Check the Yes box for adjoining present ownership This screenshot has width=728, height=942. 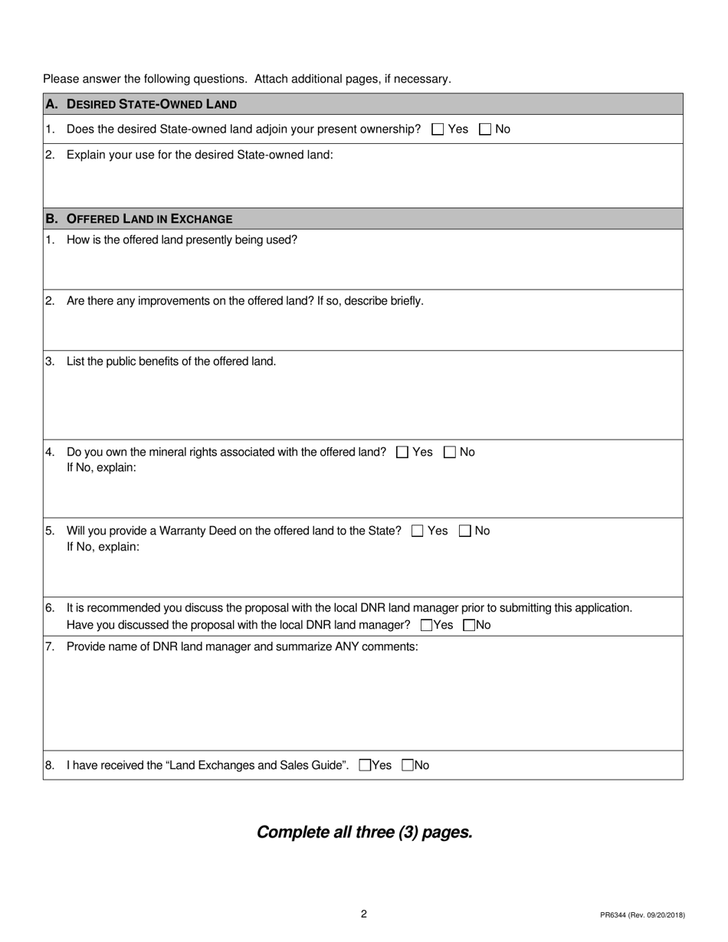point(438,129)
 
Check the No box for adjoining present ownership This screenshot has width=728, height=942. point(485,129)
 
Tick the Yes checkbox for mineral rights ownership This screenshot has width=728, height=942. point(402,453)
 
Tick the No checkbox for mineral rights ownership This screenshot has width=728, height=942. point(450,453)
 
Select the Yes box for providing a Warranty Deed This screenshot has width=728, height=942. point(418,531)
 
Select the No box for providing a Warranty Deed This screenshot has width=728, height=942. point(465,531)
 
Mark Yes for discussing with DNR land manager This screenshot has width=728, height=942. point(427,625)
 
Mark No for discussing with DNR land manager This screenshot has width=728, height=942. point(470,625)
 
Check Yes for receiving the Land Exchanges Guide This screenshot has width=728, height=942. point(365,764)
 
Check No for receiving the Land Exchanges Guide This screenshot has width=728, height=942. point(408,764)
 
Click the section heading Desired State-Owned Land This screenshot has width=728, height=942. point(152,104)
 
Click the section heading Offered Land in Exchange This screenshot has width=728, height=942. point(149,219)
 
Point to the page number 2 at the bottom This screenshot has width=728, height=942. point(364,914)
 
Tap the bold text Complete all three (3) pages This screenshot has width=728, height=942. point(364,832)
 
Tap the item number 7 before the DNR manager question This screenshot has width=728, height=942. point(50,646)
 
